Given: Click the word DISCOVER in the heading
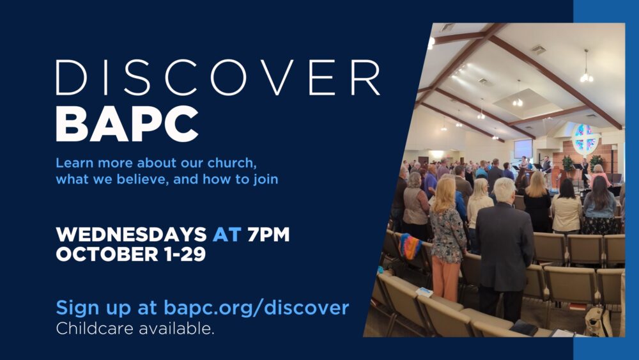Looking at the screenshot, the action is click(218, 78).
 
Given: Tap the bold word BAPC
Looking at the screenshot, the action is click(127, 124).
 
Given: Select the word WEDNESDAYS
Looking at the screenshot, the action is click(131, 235).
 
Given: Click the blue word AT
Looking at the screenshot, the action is click(227, 235).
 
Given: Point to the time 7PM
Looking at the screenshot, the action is click(268, 235).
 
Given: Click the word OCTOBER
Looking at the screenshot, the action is click(107, 254).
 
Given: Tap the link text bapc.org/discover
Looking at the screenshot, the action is click(256, 308).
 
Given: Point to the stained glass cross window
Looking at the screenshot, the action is click(585, 139).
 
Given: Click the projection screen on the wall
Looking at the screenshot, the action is click(523, 148).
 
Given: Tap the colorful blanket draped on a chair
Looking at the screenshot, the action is click(410, 246).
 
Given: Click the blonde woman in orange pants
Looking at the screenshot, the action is click(447, 240).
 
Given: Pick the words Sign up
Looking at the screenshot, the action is click(93, 308).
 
